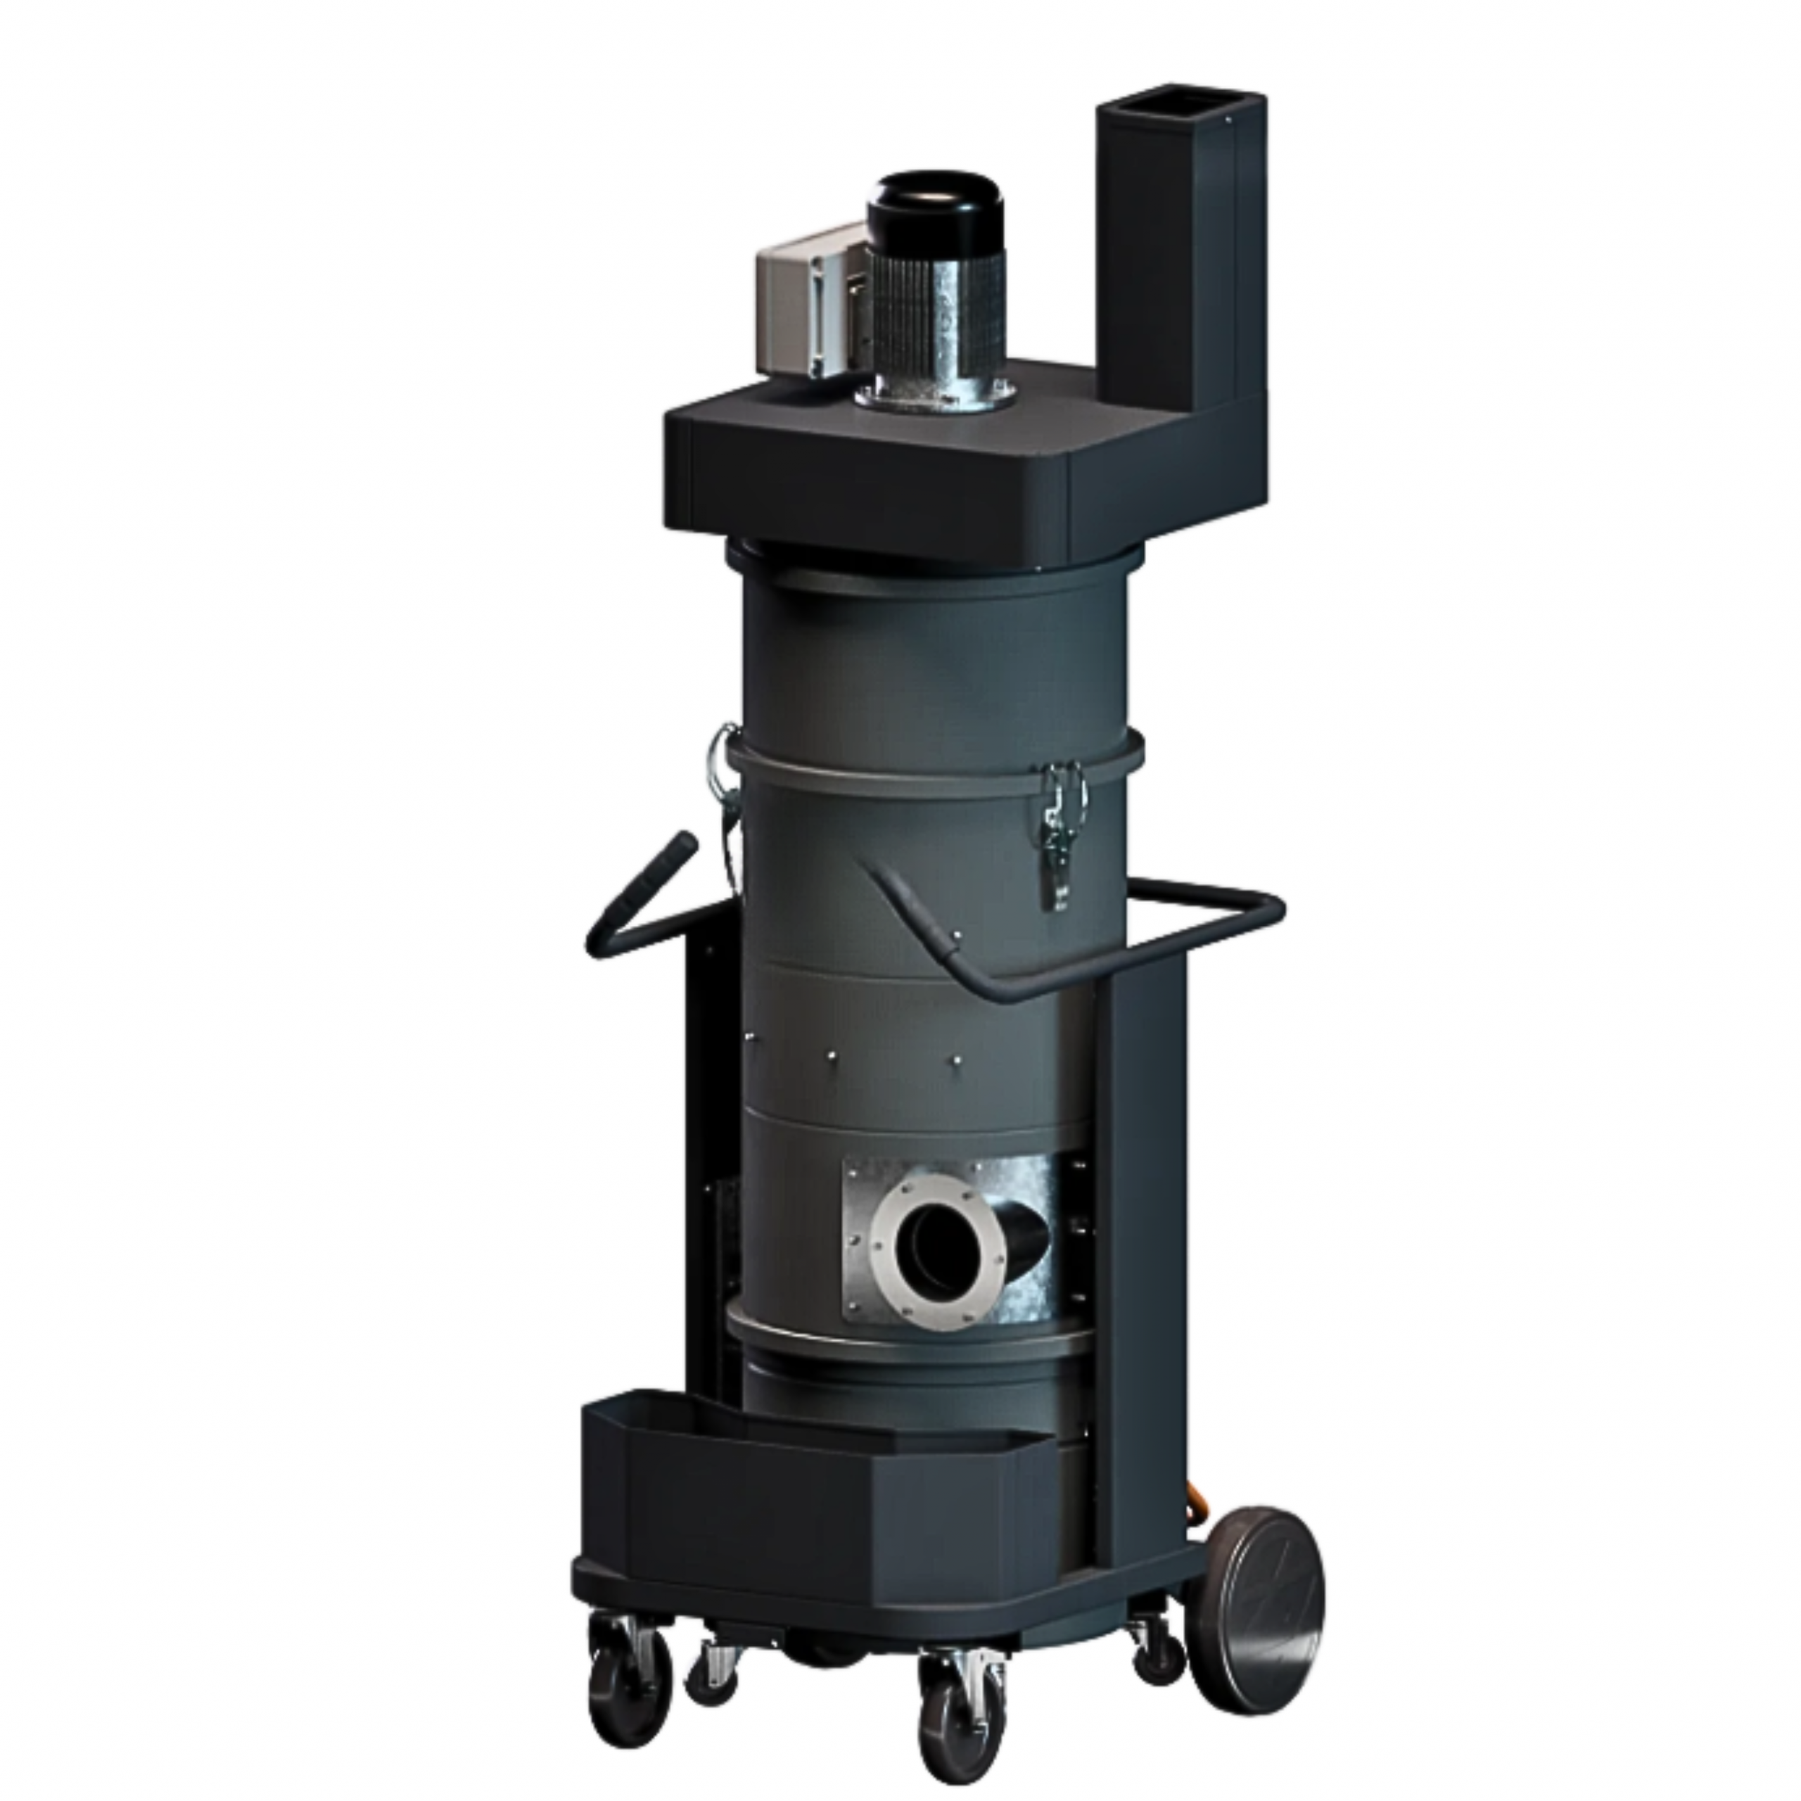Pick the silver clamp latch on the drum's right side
click(1059, 820)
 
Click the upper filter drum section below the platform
click(932, 653)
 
